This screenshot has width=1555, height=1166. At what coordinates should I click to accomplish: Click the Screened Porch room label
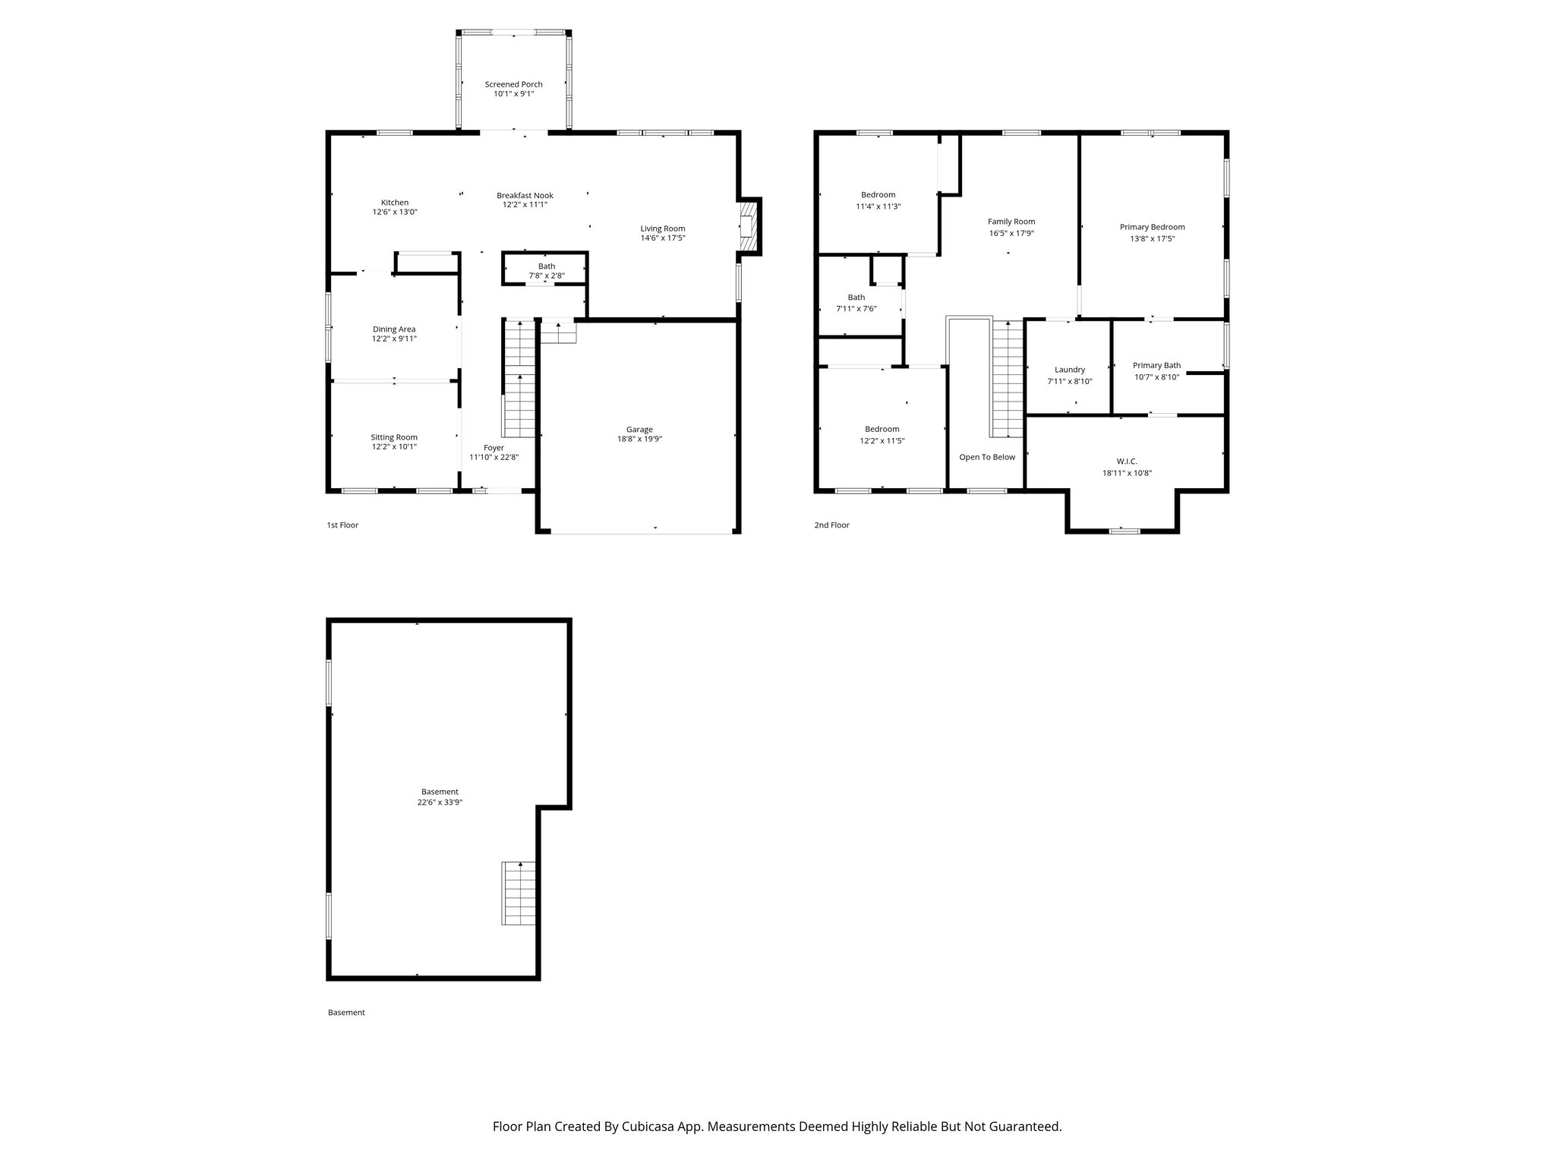[x=513, y=84]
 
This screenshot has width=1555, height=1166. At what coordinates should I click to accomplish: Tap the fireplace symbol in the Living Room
[x=749, y=226]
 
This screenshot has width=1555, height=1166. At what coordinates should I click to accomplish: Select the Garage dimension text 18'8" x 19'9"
[x=639, y=439]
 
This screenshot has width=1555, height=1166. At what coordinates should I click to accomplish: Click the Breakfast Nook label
[x=525, y=195]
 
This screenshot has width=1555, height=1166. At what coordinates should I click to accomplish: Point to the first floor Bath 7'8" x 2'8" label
[x=546, y=271]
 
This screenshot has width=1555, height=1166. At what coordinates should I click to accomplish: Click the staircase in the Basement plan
[x=519, y=893]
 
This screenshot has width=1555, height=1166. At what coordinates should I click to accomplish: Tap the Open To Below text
[x=986, y=457]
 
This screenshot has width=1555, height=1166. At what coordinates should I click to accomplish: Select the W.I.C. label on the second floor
[x=1127, y=462]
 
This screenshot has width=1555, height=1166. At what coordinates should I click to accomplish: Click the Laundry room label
[x=1069, y=370]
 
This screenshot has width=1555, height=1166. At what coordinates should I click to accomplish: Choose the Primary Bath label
[x=1156, y=365]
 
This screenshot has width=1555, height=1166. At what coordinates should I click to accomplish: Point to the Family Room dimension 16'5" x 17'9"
[x=1011, y=234]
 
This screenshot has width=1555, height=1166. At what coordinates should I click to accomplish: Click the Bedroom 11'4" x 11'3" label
[x=878, y=195]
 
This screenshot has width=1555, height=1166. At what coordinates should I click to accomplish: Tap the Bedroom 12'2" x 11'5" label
[x=882, y=429]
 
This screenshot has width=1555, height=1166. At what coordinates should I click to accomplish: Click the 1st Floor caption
[x=342, y=525]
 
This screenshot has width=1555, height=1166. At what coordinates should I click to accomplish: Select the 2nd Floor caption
[x=831, y=525]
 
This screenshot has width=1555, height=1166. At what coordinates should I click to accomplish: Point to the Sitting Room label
[x=394, y=437]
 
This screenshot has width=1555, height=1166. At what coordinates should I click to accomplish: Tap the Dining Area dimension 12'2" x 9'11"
[x=394, y=339]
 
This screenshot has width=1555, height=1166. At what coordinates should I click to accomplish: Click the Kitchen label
[x=394, y=203]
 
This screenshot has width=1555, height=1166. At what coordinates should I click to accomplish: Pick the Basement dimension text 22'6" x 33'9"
[x=440, y=802]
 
